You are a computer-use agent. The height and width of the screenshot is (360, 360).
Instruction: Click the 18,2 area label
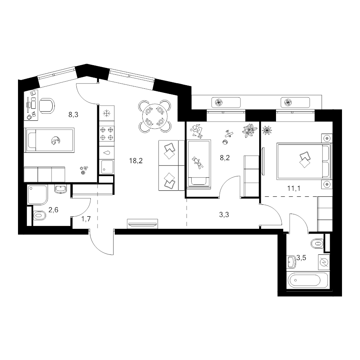pyautogui.click(x=136, y=161)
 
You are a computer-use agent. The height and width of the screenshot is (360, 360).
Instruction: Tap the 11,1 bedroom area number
pyautogui.click(x=294, y=188)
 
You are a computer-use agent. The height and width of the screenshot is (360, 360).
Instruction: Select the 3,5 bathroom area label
pyautogui.click(x=301, y=258)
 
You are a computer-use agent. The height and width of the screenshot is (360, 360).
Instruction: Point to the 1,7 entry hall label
pyautogui.click(x=86, y=219)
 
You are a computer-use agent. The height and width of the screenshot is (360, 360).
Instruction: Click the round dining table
pyautogui.click(x=155, y=116)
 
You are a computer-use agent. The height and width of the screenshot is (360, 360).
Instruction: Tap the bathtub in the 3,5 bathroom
pyautogui.click(x=308, y=280)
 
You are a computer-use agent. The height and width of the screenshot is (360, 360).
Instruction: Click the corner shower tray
pyautogui.click(x=38, y=195)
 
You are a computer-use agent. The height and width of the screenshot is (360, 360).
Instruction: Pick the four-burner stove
pyautogui.click(x=107, y=134)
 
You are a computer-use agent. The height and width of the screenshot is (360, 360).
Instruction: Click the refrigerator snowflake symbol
pyautogui.click(x=106, y=114)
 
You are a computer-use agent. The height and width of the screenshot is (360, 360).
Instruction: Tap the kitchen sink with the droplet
pyautogui.click(x=107, y=153)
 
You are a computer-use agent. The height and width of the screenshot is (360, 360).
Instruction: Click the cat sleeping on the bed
pyautogui.click(x=55, y=140)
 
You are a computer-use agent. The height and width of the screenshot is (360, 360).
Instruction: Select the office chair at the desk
pyautogui.click(x=47, y=106)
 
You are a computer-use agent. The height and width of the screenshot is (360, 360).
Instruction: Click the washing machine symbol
pyautogui.click(x=324, y=262)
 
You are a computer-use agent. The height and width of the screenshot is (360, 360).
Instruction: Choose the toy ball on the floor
pyautogui.click(x=225, y=142)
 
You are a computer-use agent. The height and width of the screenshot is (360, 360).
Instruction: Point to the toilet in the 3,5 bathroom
pyautogui.click(x=317, y=243)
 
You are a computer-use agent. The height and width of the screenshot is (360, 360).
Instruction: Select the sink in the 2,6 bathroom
pyautogui.click(x=61, y=189)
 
